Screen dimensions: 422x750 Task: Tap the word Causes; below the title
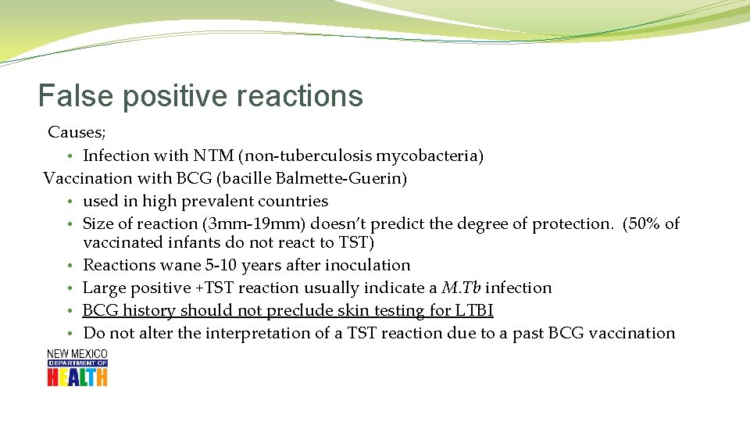77,133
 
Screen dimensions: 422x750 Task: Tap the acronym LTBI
473,310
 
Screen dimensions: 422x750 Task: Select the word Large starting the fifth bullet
103,288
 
